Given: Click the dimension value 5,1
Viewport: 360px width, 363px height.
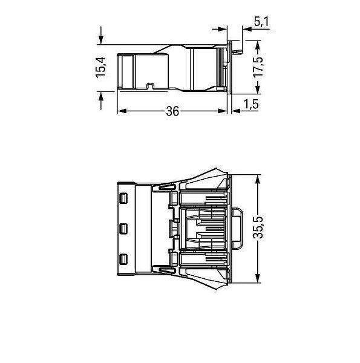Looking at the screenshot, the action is (x=261, y=22).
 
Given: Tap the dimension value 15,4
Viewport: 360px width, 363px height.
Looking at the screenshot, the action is (x=100, y=67).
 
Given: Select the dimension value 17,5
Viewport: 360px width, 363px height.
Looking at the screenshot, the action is (x=258, y=67).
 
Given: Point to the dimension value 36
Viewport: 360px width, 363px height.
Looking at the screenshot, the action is (x=172, y=111).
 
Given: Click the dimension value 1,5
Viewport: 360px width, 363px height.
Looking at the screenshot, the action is (x=251, y=104).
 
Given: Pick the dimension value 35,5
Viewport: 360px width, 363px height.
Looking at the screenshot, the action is (x=258, y=227).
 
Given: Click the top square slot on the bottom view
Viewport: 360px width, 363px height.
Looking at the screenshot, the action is (x=123, y=198).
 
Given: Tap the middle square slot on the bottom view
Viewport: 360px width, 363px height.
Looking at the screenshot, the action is (x=123, y=229).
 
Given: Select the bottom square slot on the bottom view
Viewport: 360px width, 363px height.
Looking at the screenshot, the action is (x=123, y=259).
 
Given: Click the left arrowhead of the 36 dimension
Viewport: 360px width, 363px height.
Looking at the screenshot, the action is (x=122, y=111).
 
